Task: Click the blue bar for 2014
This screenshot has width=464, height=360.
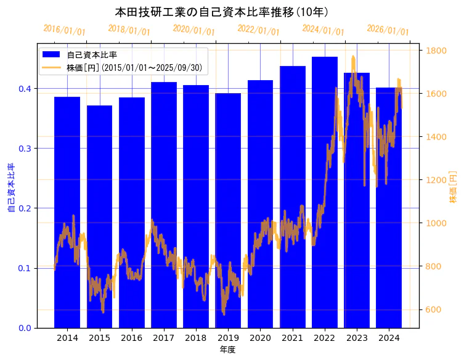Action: (x=67, y=185)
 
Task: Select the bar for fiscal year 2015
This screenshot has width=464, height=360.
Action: (x=99, y=185)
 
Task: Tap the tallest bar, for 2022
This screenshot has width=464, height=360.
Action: (x=325, y=154)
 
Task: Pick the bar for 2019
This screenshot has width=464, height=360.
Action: (x=228, y=185)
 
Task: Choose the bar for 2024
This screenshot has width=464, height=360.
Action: (x=389, y=185)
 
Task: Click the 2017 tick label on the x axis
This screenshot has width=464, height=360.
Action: (x=164, y=338)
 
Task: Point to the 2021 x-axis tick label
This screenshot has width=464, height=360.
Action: (x=292, y=338)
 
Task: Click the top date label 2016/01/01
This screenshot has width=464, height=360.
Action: (x=65, y=30)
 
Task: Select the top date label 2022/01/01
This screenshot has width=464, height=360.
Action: (x=258, y=30)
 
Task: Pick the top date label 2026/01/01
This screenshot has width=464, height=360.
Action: (x=388, y=30)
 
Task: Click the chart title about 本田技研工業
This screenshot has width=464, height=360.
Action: (x=221, y=12)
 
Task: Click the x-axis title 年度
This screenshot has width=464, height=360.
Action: (x=227, y=350)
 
